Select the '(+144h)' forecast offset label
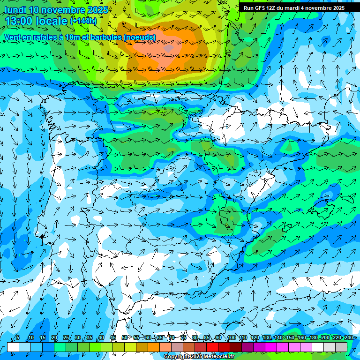click(83, 21)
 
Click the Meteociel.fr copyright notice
click(199, 357)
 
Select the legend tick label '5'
click(18, 338)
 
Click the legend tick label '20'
click(54, 338)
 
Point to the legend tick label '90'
click(219, 338)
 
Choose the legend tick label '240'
click(348, 338)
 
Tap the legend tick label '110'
click(243, 338)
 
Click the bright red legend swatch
click(212, 347)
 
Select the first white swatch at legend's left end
click(13, 347)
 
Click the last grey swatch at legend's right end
click(341, 347)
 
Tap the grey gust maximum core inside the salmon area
click(169, 48)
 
